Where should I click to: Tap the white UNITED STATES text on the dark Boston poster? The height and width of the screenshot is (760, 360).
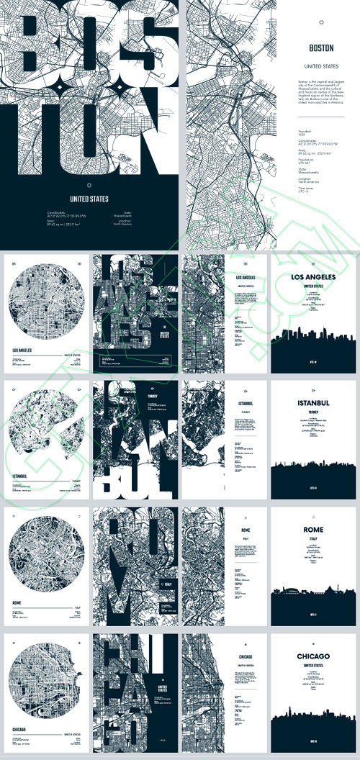coord(89,199)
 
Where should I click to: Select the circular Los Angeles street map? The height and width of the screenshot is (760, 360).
coord(45,302)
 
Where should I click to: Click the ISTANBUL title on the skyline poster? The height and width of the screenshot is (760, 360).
coord(313,402)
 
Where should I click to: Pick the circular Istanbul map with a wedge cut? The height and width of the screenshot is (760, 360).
coord(45,428)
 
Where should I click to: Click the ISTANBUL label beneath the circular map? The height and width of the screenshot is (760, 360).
coord(22,476)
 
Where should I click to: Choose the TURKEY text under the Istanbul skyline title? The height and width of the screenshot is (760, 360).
coord(313,412)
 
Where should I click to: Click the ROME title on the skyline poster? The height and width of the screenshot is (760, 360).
coord(313,530)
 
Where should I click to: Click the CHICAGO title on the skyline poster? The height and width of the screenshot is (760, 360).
coord(313,656)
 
